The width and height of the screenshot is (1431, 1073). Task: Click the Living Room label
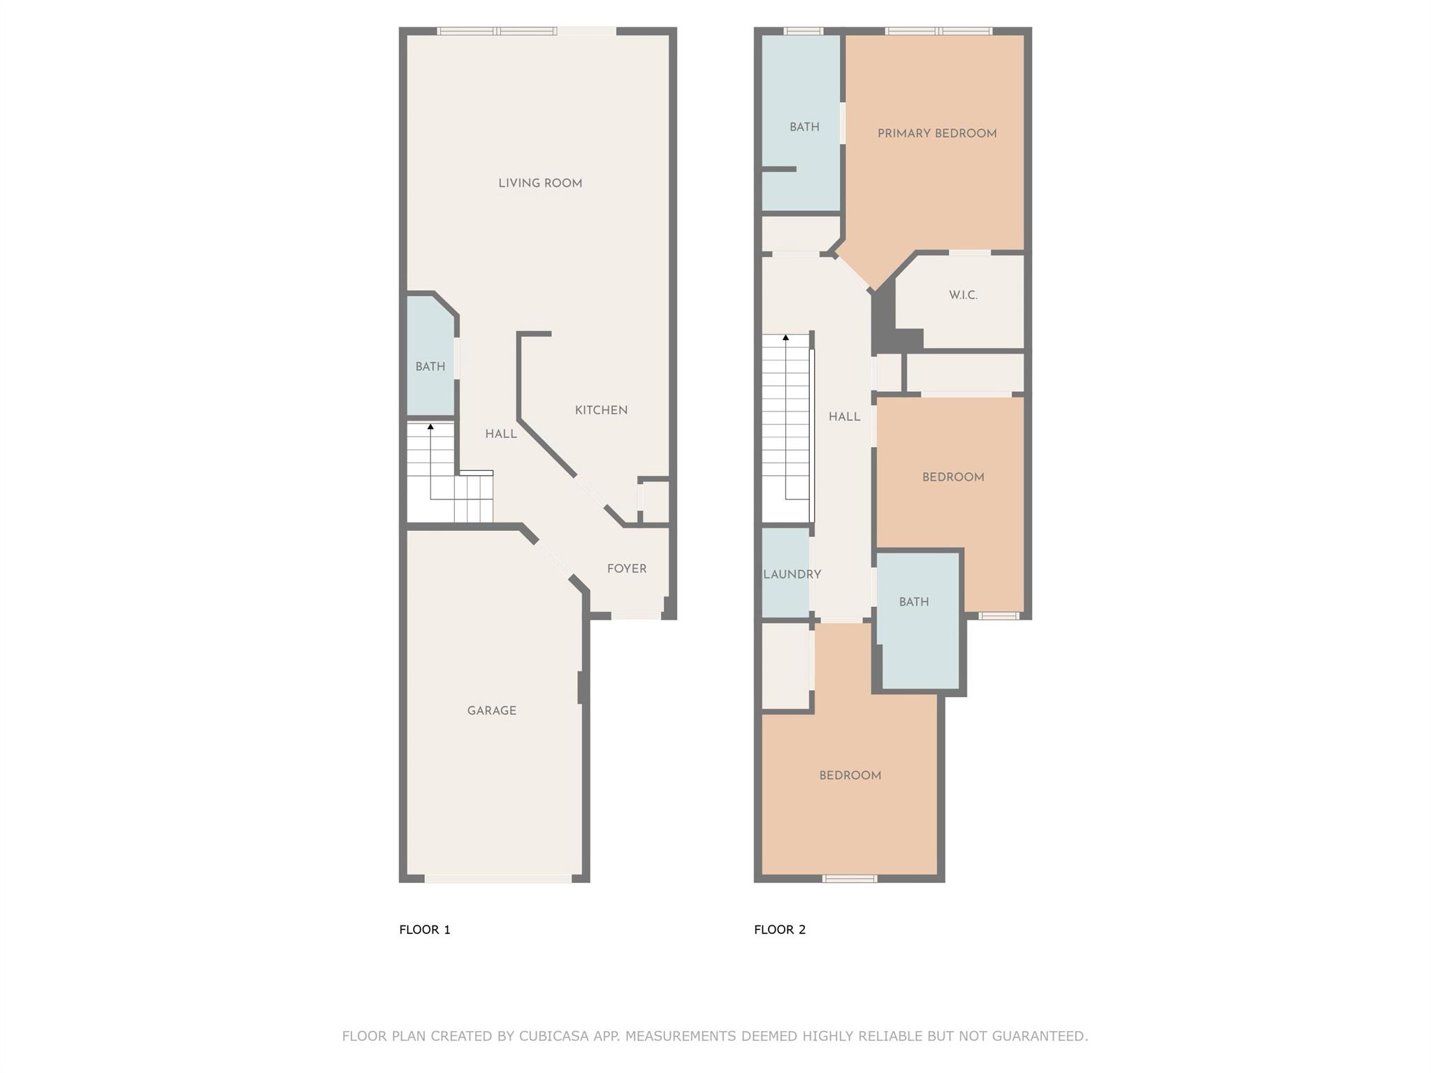(540, 183)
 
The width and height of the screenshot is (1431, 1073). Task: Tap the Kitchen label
(601, 410)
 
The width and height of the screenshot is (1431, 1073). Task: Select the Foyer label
(627, 569)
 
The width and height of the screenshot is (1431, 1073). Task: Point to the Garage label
(492, 710)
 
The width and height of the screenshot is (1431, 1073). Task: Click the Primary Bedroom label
(937, 133)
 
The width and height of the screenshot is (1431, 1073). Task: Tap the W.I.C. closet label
(963, 295)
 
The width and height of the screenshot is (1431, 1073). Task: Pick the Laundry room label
(792, 574)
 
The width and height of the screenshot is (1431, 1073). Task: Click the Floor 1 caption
(425, 929)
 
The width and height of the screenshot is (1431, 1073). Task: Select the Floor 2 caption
(780, 929)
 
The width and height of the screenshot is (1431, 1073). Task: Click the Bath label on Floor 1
(430, 366)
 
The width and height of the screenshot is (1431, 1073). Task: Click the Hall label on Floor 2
(844, 417)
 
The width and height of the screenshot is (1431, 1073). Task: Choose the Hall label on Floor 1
(501, 434)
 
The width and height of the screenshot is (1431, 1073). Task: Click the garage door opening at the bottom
(498, 879)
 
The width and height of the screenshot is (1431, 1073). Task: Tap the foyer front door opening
(636, 615)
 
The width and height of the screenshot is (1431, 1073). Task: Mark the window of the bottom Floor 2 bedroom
(850, 879)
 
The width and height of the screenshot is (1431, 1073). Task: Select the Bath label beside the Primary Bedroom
(804, 127)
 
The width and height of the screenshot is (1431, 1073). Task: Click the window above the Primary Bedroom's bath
(804, 31)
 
